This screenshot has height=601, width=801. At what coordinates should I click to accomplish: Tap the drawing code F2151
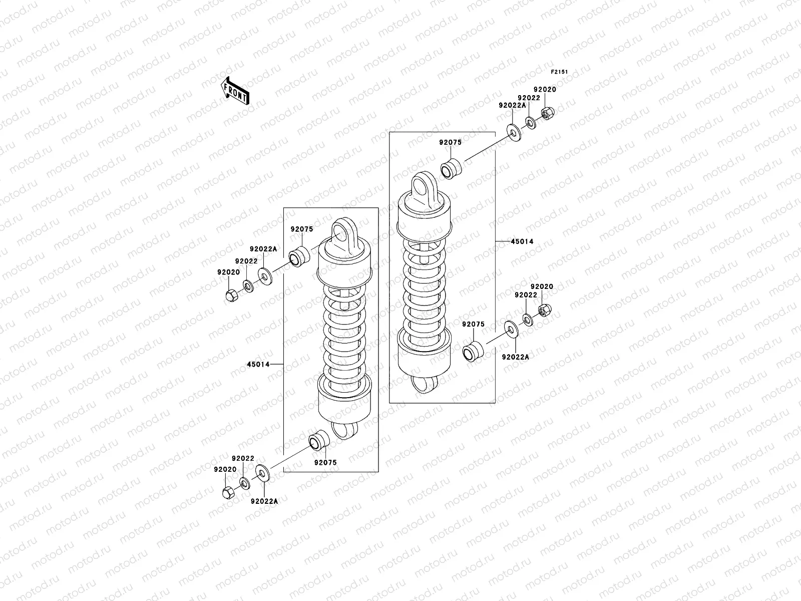pyautogui.click(x=559, y=72)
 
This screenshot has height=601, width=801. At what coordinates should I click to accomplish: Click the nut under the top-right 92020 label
pyautogui.click(x=548, y=114)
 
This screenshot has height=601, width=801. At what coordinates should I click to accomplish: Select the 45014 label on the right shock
pyautogui.click(x=522, y=241)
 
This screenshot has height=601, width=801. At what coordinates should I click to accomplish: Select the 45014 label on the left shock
pyautogui.click(x=258, y=364)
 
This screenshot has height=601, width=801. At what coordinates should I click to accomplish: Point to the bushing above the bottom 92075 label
pyautogui.click(x=318, y=441)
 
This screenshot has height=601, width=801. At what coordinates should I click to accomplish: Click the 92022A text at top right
pyautogui.click(x=512, y=106)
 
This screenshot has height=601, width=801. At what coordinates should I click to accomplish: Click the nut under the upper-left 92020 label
pyautogui.click(x=231, y=295)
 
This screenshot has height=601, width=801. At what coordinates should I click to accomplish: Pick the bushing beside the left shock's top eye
pyautogui.click(x=301, y=256)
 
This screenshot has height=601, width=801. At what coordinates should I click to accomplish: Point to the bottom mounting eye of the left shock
pyautogui.click(x=345, y=430)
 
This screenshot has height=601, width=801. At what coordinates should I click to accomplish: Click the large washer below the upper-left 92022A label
pyautogui.click(x=264, y=276)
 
